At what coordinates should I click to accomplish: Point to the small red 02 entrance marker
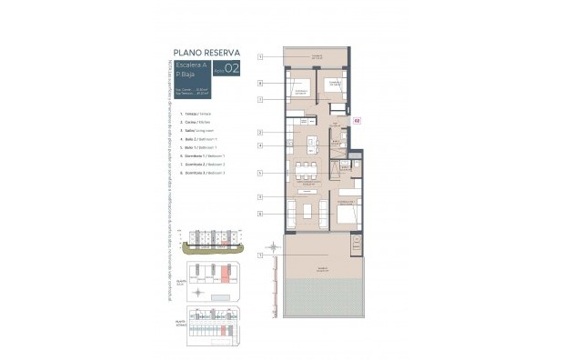point(358,120)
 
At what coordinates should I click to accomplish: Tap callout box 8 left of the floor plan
point(259,83)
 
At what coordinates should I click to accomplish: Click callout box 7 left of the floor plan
point(259,99)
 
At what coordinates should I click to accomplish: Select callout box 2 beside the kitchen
point(259,133)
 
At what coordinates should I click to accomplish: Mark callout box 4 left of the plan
point(259,145)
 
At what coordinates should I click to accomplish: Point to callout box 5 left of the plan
point(259,173)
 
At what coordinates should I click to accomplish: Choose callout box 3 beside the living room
point(259,197)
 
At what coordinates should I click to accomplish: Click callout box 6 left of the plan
point(259,214)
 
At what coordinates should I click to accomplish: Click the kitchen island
point(311,143)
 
